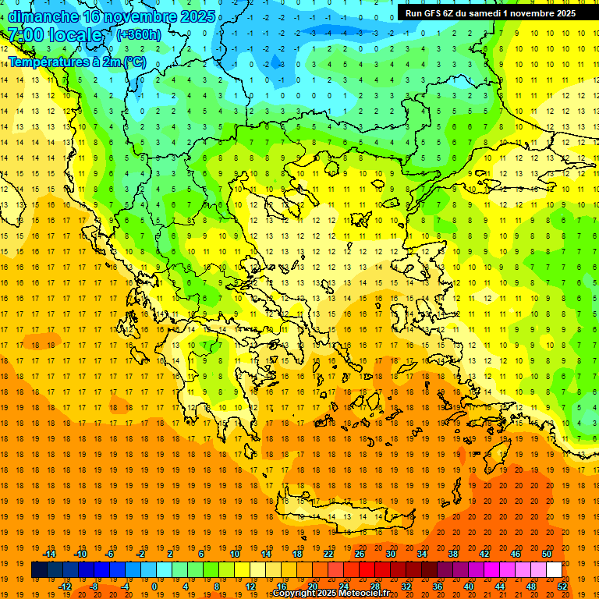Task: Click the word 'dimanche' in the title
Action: (42, 16)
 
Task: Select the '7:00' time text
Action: (29, 36)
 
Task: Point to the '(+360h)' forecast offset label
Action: (139, 35)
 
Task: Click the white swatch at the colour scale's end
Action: (554, 570)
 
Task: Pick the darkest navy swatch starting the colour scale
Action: (39, 570)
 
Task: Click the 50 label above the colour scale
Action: (546, 554)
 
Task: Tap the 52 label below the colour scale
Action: (562, 587)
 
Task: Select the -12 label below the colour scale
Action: (65, 587)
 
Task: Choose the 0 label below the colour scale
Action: (155, 587)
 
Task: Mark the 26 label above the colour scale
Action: (360, 554)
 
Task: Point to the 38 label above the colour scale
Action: (452, 554)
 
